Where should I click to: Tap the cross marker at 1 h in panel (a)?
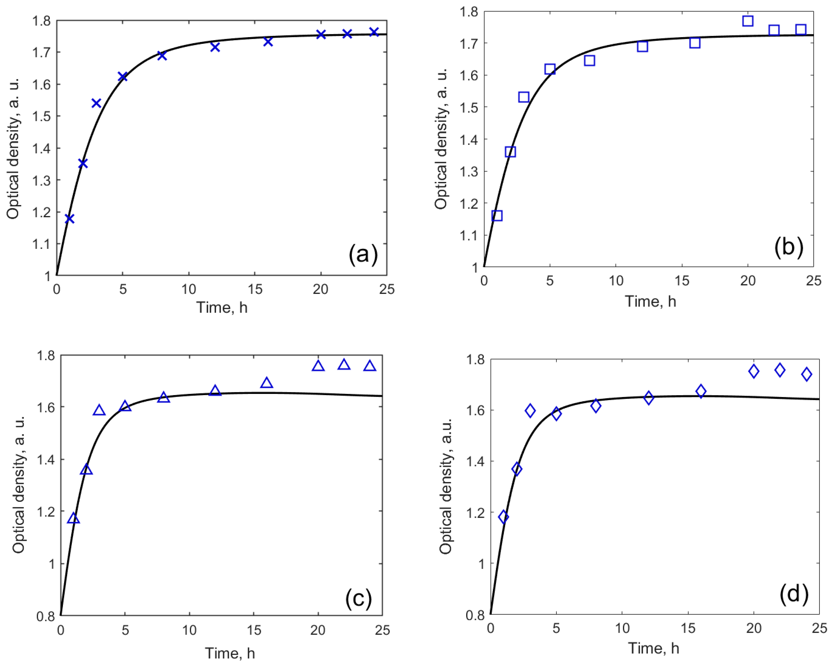click(x=69, y=219)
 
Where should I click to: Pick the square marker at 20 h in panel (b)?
click(x=748, y=21)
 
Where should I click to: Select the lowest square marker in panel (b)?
click(x=497, y=216)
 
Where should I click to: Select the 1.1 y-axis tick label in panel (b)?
click(x=468, y=235)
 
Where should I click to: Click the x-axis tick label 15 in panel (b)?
click(x=682, y=281)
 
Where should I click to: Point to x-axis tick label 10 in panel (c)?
click(x=189, y=630)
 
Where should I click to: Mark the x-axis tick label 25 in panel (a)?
click(x=387, y=289)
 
